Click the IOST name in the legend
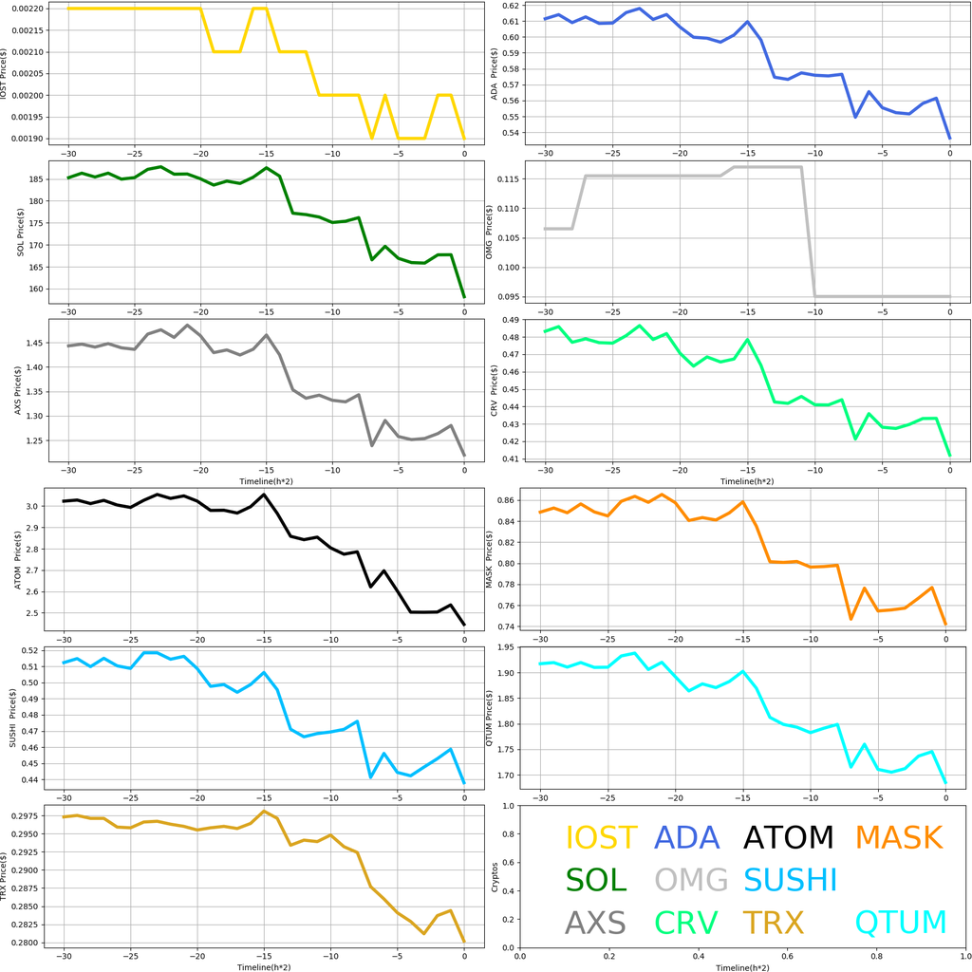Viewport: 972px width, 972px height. (x=601, y=838)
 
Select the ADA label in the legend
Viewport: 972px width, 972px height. (x=687, y=838)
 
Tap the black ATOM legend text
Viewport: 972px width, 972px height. (x=788, y=838)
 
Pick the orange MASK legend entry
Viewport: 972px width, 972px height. (x=898, y=838)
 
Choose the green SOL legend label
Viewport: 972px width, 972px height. (x=596, y=880)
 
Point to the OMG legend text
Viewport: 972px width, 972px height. (x=691, y=880)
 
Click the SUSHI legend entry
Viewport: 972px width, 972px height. (x=790, y=880)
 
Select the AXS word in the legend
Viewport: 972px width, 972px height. (x=595, y=923)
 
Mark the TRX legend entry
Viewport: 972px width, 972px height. (x=773, y=923)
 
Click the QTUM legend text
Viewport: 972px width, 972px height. (x=901, y=923)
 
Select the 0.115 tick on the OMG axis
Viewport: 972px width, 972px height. (x=507, y=178)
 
